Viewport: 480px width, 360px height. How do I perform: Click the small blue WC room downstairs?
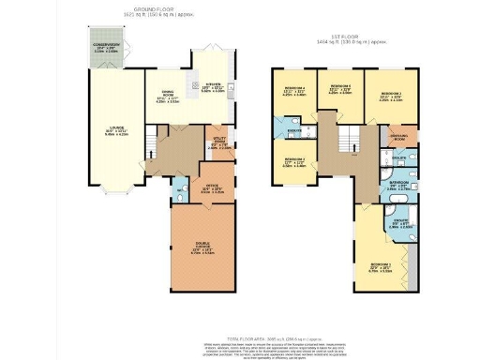click(177, 195)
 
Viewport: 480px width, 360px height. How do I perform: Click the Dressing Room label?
click(400, 136)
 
